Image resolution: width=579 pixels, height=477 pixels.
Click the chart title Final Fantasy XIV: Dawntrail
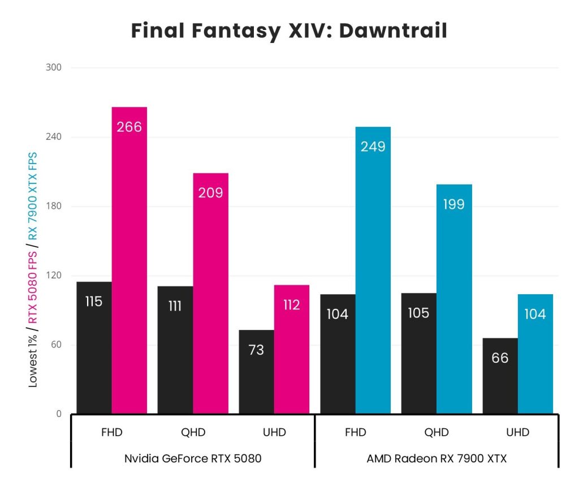tap(289, 31)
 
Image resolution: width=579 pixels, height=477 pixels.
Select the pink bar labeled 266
tap(129, 260)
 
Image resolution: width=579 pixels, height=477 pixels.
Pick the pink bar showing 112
tap(292, 349)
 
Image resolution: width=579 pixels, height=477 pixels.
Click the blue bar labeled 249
tap(373, 270)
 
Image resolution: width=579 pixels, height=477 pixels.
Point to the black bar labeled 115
tap(94, 347)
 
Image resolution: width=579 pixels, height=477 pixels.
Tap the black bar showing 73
tap(256, 372)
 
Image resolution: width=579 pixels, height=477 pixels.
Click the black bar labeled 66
tap(500, 376)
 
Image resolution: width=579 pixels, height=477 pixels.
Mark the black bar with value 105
tap(418, 353)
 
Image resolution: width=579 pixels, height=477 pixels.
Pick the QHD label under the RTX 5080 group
tap(193, 433)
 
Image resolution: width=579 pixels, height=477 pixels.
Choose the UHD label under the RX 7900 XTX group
tap(517, 433)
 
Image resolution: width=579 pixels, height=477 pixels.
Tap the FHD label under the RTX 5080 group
tap(111, 433)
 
